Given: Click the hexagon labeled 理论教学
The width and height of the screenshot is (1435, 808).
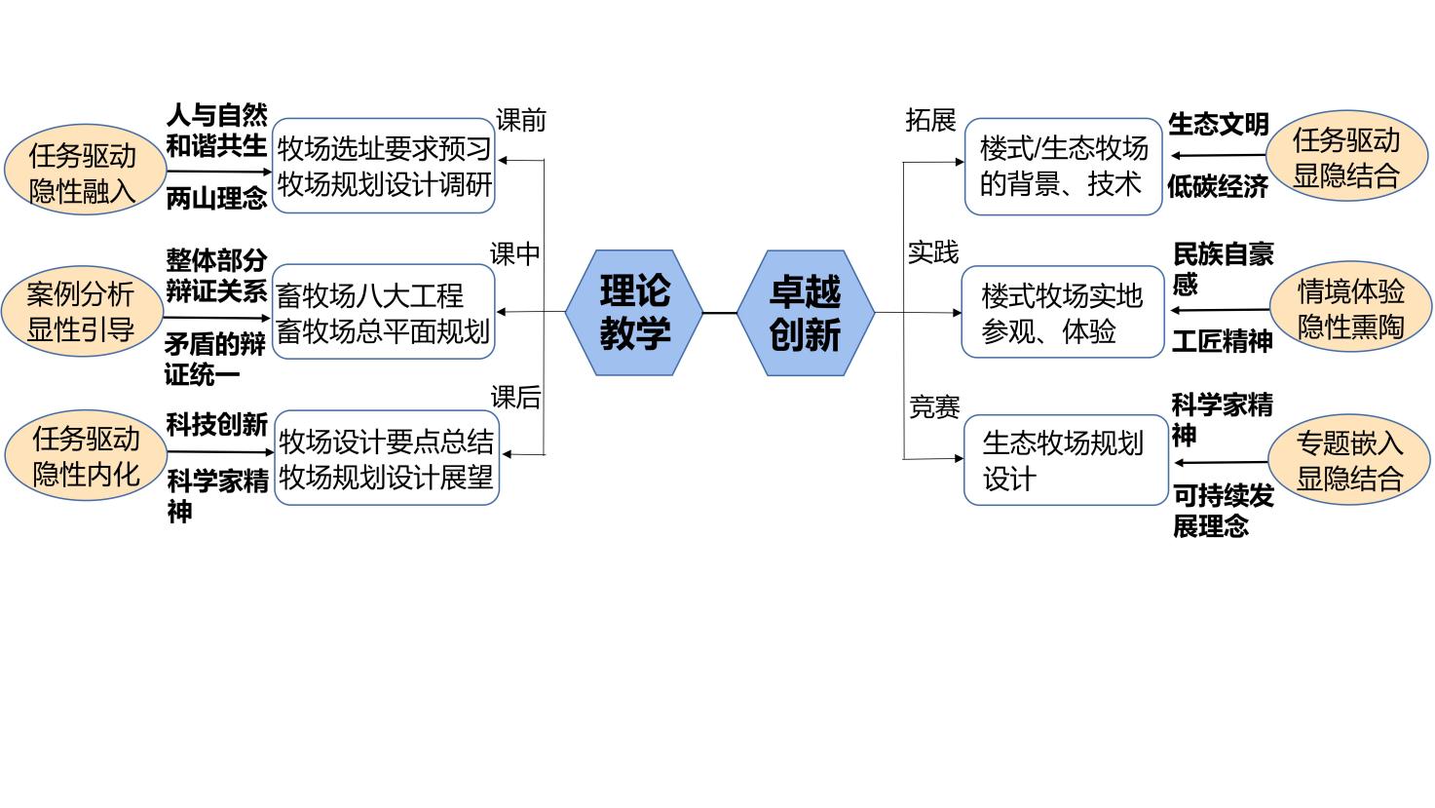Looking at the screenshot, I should [634, 313].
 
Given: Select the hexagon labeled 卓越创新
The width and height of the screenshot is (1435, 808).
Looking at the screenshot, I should [805, 313].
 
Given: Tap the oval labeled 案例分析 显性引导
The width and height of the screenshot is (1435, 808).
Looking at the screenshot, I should [81, 312].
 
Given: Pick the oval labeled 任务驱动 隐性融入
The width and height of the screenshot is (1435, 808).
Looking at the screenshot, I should [83, 173].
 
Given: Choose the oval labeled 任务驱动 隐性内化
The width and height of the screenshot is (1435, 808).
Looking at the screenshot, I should [86, 456].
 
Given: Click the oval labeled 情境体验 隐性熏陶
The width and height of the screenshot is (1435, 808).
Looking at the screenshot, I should [1350, 309].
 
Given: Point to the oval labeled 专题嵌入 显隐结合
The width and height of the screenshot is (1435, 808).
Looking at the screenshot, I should [1349, 460].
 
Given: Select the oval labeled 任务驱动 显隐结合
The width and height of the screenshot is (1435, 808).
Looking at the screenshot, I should [1346, 158].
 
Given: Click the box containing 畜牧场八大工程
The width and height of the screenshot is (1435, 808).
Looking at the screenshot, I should [384, 313].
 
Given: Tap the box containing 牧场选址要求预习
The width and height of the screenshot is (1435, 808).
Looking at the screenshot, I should [384, 166].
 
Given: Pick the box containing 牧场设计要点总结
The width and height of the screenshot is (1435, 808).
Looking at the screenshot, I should [386, 458].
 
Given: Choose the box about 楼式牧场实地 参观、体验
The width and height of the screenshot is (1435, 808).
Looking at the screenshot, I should [1062, 313].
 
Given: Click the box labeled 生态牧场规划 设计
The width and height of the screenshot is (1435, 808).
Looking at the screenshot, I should [1065, 460].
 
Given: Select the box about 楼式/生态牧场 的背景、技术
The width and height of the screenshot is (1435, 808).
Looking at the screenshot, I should [1064, 166].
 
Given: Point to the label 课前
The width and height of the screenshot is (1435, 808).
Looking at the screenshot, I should [521, 121].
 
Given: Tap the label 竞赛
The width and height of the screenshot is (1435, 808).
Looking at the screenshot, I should [934, 406].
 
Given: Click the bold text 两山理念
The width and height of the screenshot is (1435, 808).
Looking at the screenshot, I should [216, 199].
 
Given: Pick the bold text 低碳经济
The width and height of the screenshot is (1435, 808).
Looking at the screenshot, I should [1218, 187].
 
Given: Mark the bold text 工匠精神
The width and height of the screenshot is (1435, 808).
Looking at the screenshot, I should [1222, 341].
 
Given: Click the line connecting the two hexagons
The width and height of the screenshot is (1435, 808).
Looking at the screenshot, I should [719, 313].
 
